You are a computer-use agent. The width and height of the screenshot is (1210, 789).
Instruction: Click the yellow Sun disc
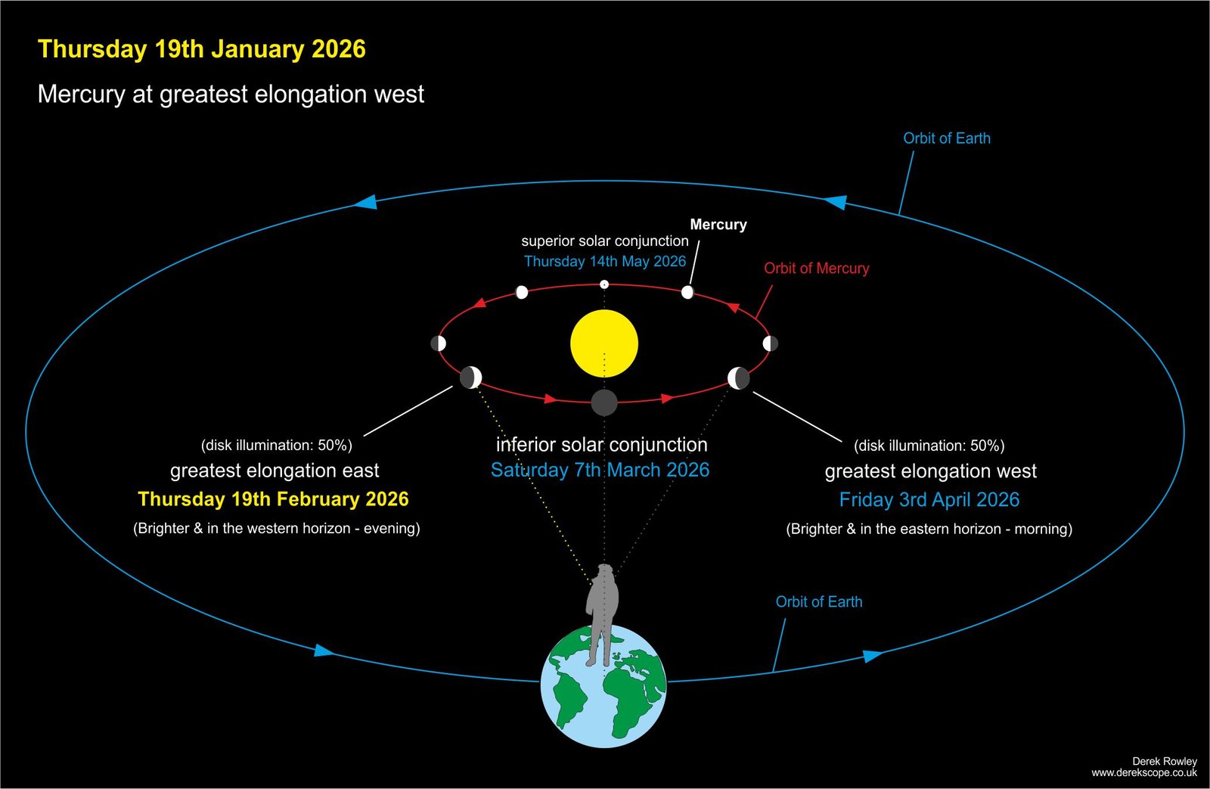point(604,343)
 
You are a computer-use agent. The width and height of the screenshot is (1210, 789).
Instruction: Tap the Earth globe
point(604,686)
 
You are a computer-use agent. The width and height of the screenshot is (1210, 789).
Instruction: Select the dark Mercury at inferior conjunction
point(604,402)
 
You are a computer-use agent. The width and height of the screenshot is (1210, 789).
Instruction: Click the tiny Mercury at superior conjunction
point(604,284)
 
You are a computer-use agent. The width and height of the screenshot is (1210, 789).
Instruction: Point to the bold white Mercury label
point(718,224)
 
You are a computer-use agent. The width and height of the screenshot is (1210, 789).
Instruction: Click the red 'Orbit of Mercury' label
point(816,268)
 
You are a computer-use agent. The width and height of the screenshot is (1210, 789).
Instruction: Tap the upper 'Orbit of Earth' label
point(947,138)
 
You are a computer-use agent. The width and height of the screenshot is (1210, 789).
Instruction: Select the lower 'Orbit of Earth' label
point(819,601)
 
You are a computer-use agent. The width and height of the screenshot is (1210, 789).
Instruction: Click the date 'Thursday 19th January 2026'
point(201,49)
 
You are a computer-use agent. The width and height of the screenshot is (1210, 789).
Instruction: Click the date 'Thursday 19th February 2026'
point(273,499)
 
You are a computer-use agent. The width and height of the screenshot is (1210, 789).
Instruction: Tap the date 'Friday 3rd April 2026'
point(929,499)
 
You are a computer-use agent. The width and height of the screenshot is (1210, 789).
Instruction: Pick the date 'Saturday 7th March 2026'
point(600,470)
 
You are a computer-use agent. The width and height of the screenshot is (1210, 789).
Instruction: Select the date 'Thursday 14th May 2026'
point(605,262)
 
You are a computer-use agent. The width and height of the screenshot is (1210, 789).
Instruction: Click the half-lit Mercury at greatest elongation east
point(470,377)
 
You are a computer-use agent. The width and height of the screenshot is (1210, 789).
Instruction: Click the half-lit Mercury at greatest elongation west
point(738,377)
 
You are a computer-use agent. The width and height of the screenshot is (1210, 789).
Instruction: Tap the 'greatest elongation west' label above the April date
point(930,471)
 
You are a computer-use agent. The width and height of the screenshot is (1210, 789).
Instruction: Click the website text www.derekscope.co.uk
point(1144,773)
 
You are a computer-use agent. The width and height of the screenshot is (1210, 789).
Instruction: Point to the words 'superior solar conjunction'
point(605,241)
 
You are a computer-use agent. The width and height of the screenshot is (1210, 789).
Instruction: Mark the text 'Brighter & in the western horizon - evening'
point(277,528)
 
